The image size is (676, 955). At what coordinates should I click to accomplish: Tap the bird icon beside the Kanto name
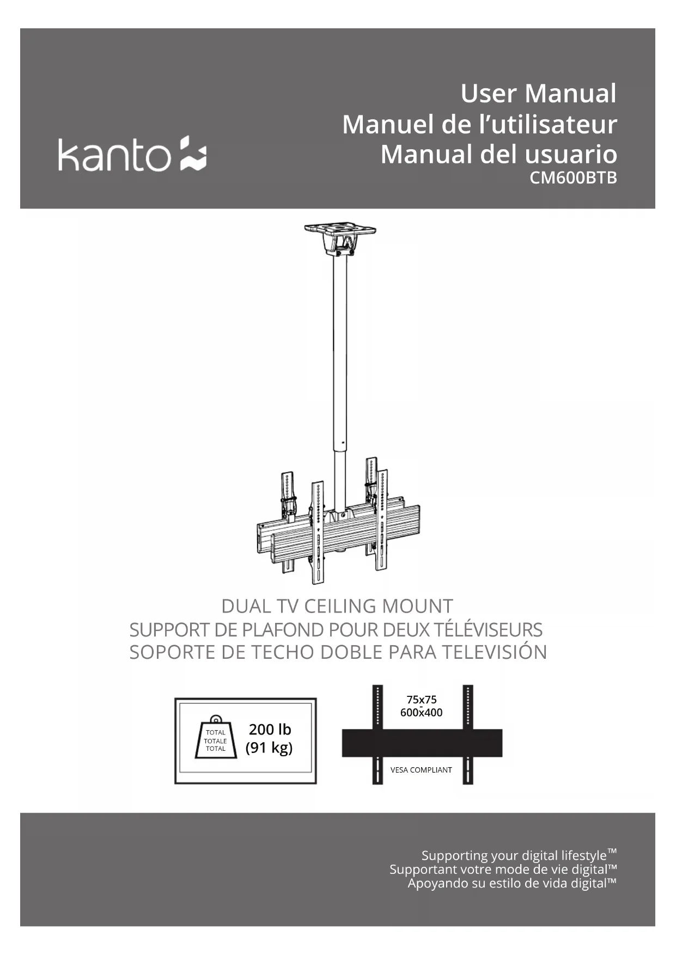coord(193,153)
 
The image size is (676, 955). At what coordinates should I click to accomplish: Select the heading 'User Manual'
coord(538,93)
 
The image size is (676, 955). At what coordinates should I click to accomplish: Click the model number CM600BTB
coord(573,178)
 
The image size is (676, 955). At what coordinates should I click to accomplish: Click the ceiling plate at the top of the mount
coord(340,228)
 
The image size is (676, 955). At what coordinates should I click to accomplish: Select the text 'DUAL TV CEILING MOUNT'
coord(337,606)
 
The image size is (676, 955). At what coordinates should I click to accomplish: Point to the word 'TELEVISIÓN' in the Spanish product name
coord(494,652)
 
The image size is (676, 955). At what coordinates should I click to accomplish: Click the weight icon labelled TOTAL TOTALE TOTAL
coord(216,739)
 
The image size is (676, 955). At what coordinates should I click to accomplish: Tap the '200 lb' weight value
coord(270,729)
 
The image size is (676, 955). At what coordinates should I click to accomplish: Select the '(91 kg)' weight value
coord(269,748)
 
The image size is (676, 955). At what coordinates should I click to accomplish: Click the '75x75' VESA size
coord(421,700)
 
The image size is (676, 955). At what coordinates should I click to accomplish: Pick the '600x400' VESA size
coord(421,713)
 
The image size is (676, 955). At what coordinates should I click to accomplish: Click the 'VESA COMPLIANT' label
coord(421,770)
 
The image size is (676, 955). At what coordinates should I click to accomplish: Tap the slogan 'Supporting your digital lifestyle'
coord(514,855)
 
